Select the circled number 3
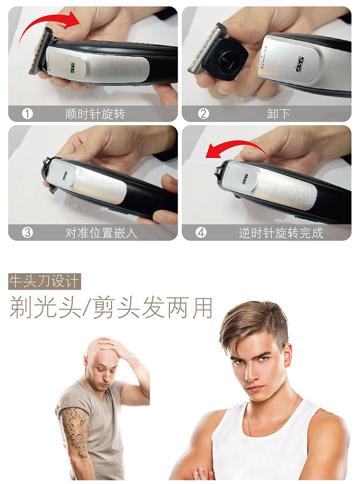point(27,233)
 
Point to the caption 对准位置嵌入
point(101,233)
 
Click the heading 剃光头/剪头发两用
point(111,308)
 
